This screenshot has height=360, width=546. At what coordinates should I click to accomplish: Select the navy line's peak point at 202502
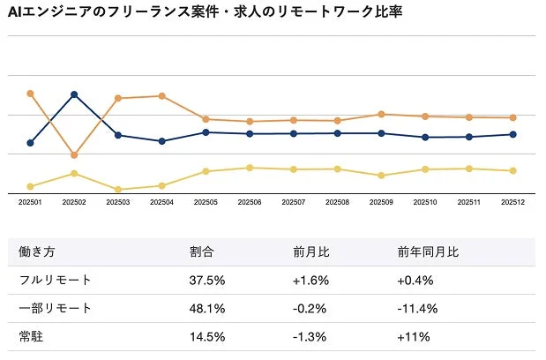coord(74,94)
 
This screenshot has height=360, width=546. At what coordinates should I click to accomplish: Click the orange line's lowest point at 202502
coord(74,155)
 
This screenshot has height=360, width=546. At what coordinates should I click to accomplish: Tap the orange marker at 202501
coord(30,93)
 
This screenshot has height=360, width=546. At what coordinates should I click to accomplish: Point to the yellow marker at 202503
coord(117,190)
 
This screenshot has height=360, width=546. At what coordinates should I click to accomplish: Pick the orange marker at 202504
coord(161,95)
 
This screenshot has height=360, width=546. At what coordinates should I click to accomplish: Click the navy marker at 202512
coord(513,134)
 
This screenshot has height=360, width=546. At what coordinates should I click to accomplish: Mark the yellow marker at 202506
coord(250,168)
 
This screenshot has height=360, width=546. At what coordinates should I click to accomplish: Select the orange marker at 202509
coord(381,114)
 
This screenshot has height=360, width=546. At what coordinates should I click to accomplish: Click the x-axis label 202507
coord(294,202)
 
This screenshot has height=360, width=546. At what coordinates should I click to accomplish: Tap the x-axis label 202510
coord(425,202)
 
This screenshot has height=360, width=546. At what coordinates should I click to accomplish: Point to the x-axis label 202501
coord(30,202)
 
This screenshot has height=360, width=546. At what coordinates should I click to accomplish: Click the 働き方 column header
coord(37,251)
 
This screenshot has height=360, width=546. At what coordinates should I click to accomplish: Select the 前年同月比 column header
coord(428,251)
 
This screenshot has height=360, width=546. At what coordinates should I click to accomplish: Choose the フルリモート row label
coord(56,280)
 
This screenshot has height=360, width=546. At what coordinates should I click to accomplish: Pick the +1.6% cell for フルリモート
coord(311,280)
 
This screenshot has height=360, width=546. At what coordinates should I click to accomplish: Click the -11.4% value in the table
coord(418,308)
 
